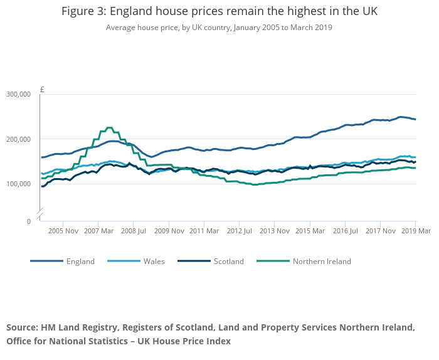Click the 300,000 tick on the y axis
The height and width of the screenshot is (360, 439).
pos(18,94)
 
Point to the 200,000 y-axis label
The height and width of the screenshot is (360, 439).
pos(18,139)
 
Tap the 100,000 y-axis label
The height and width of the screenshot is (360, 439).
pos(18,184)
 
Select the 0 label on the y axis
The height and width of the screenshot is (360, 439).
pos(28,221)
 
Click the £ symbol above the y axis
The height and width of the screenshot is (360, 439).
pos(42,89)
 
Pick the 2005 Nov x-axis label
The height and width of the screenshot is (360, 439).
pos(63,231)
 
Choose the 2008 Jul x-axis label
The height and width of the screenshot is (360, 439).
pos(133,231)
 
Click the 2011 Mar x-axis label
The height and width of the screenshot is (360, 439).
pos(204,231)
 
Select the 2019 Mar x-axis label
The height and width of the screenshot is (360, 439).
pos(415,231)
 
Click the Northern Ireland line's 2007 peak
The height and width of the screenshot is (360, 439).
pos(109,128)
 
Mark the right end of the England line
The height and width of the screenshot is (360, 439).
pos(415,119)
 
